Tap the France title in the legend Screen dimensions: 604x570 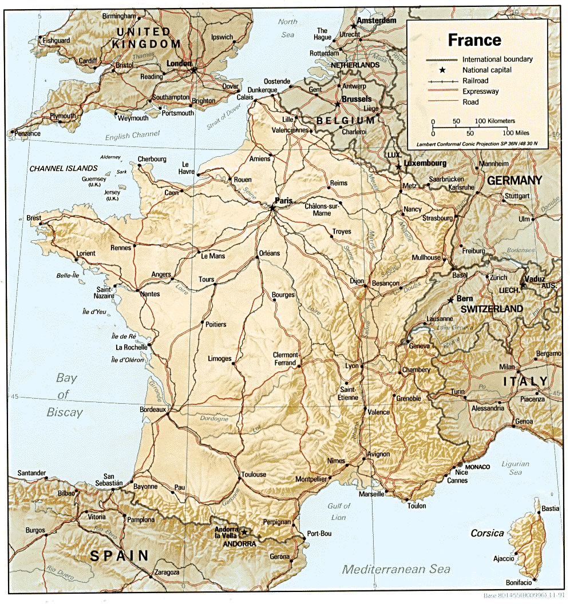click(x=474, y=40)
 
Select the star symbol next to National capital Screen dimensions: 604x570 click(x=442, y=70)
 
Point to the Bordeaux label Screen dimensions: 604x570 click(x=153, y=410)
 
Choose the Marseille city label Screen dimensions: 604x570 click(x=372, y=494)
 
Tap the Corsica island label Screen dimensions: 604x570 click(x=487, y=533)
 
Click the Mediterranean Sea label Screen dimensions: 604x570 click(x=396, y=569)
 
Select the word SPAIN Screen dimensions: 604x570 click(x=119, y=555)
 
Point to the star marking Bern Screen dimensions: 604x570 click(x=452, y=299)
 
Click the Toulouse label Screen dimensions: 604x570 click(x=254, y=474)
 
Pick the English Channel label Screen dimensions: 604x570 click(x=133, y=136)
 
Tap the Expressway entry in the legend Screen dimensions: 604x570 click(x=480, y=91)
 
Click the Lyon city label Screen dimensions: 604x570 click(x=351, y=365)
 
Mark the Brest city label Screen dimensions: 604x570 click(x=34, y=218)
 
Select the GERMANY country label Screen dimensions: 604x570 click(x=514, y=180)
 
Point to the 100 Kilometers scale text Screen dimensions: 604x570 click(x=495, y=121)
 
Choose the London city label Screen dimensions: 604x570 click(x=179, y=63)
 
